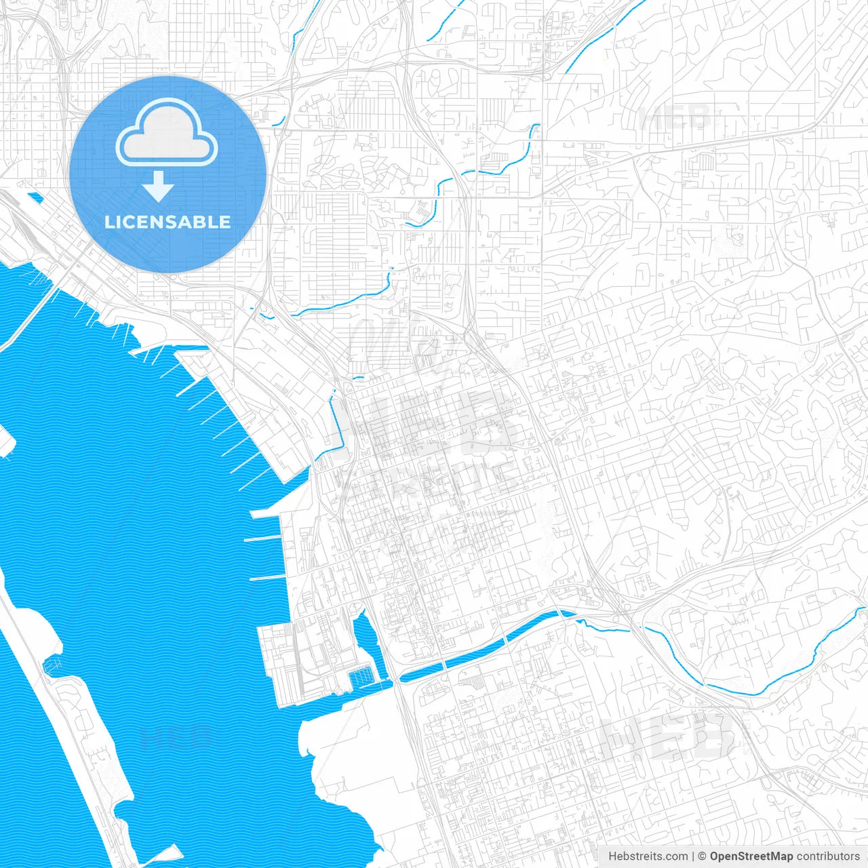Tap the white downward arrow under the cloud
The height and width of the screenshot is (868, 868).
pyautogui.click(x=159, y=186)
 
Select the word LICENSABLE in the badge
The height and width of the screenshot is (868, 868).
pyautogui.click(x=167, y=222)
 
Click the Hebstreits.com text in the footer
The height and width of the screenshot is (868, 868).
pyautogui.click(x=648, y=856)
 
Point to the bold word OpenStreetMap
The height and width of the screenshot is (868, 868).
pyautogui.click(x=751, y=856)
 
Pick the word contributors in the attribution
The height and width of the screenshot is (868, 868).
pyautogui.click(x=828, y=856)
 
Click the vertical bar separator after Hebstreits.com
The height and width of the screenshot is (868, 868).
pyautogui.click(x=693, y=856)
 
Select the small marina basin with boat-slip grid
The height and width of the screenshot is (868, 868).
pyautogui.click(x=361, y=675)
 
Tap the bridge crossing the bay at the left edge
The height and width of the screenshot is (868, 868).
pyautogui.click(x=27, y=319)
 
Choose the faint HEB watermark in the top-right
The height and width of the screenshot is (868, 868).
pyautogui.click(x=675, y=119)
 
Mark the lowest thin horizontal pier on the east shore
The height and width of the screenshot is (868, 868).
pyautogui.click(x=268, y=578)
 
